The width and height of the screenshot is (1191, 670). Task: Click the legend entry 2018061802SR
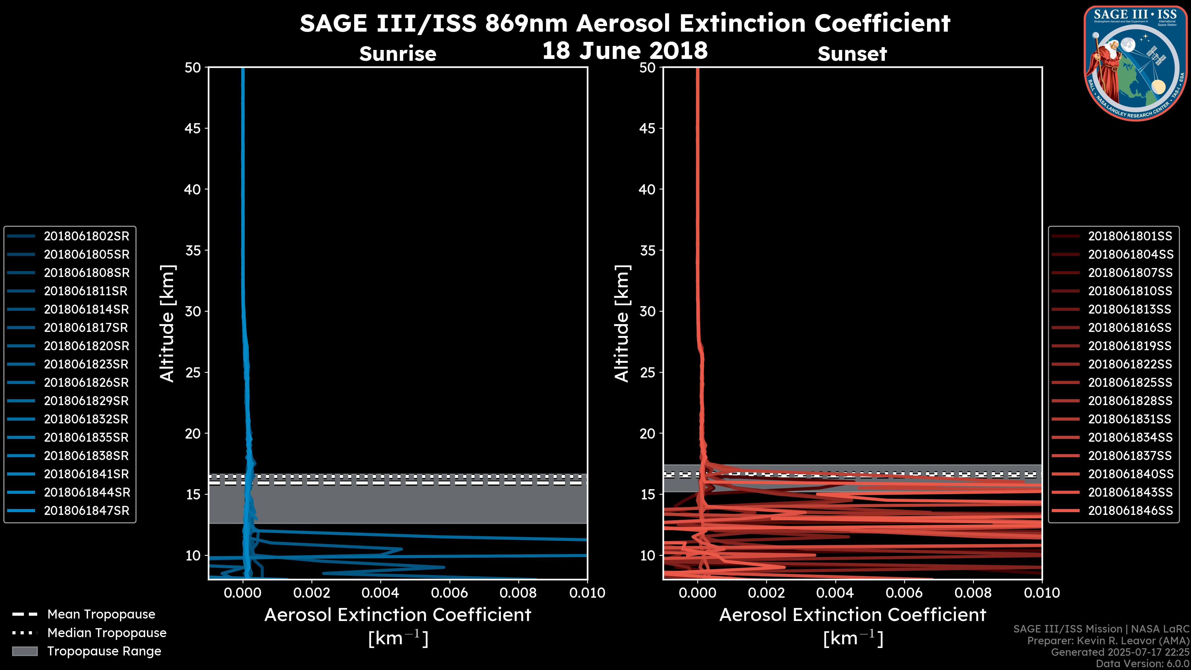(x=86, y=236)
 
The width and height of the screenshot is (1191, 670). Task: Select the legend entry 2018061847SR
(x=86, y=511)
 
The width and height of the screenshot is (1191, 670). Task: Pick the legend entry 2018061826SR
(x=86, y=383)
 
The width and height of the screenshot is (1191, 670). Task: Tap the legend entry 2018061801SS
(x=1130, y=236)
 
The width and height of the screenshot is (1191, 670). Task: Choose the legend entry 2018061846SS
(x=1130, y=511)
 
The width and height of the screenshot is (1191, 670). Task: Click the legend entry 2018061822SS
(x=1130, y=364)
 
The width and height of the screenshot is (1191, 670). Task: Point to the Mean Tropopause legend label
(x=101, y=614)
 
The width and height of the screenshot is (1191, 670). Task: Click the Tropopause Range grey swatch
(x=25, y=651)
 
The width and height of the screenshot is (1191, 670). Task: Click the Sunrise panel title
(x=398, y=54)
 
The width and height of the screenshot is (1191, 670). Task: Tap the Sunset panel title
(x=852, y=54)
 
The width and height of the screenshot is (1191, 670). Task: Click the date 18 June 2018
(x=625, y=50)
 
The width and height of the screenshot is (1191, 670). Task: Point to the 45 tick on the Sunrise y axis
(x=193, y=128)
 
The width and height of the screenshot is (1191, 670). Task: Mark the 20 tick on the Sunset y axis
(x=647, y=434)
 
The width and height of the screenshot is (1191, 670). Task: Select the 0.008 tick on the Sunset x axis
(x=973, y=593)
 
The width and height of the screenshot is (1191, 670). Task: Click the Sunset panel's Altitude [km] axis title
(x=622, y=324)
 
